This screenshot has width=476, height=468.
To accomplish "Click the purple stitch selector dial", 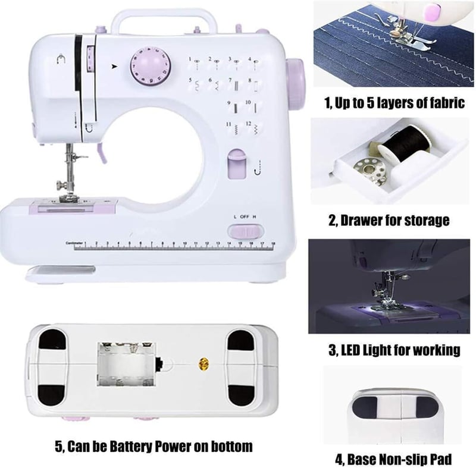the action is click(151, 65).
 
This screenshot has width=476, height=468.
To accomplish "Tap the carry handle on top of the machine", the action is click(164, 14).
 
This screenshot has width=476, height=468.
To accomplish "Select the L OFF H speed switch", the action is click(245, 231).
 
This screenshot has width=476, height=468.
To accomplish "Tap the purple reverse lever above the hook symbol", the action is click(237, 164).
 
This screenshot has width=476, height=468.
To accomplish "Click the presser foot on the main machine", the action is click(69, 199).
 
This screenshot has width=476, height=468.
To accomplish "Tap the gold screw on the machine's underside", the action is click(203, 363).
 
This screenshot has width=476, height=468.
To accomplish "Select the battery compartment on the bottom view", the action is click(126, 365).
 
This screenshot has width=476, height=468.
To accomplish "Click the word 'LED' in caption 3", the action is click(351, 350).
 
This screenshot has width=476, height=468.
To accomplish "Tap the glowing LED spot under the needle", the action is click(378, 308).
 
